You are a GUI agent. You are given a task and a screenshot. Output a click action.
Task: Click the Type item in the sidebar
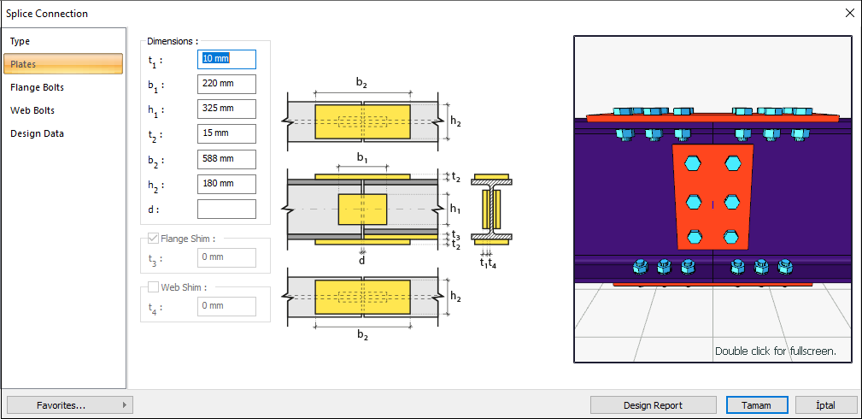point(21,41)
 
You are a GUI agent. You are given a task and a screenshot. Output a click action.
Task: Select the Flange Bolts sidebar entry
point(37,87)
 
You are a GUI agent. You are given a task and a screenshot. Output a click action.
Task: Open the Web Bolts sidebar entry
point(32,110)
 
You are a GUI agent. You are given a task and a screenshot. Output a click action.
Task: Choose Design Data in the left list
point(37,133)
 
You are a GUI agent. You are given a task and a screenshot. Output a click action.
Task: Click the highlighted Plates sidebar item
point(63,64)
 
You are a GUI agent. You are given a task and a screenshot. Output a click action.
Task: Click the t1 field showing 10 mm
point(226,59)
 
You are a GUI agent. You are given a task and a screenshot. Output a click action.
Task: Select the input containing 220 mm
point(226,84)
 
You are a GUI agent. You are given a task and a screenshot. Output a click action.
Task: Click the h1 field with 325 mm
point(226,109)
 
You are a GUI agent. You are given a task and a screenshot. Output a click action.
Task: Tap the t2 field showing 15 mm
point(226,134)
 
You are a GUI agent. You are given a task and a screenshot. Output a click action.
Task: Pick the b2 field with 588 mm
point(226,159)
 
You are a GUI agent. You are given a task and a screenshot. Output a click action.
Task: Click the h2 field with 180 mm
point(226,184)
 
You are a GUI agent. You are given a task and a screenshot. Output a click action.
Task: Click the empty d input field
point(226,209)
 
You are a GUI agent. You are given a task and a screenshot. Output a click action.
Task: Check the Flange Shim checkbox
point(154,239)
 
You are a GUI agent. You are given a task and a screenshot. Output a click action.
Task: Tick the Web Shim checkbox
point(154,287)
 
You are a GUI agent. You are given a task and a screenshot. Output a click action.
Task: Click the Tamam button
point(755,405)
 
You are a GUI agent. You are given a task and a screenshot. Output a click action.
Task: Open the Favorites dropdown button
point(69,405)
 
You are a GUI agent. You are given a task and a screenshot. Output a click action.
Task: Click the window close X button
point(849,13)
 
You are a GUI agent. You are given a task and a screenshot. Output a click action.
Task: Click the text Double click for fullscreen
point(775,351)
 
